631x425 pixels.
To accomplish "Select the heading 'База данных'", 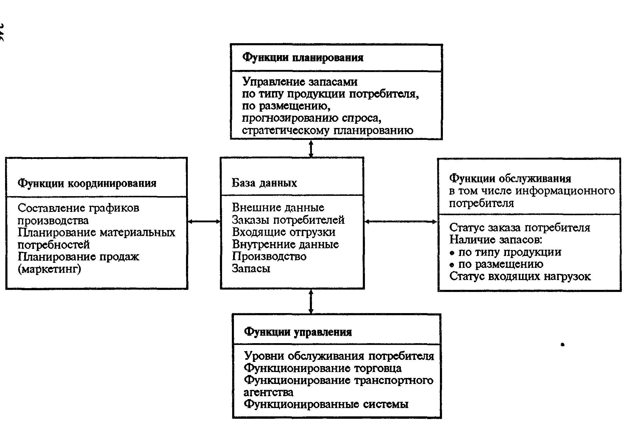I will [264, 183].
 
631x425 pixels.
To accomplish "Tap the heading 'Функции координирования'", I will [87, 183].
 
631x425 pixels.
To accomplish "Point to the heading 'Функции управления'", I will [298, 332].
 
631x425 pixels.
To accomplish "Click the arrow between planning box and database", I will [311, 149].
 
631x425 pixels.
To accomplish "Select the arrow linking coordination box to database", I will [204, 221].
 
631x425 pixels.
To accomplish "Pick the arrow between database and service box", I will [401, 221].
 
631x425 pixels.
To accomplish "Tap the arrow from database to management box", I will [311, 301].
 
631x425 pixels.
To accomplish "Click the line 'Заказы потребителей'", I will [288, 220].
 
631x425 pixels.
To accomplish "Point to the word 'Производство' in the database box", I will [269, 256].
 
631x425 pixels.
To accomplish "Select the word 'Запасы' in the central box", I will [251, 268].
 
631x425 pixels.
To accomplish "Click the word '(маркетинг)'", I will [49, 269].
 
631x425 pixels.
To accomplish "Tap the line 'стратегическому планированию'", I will [327, 130].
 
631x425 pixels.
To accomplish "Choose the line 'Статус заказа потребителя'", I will [519, 228].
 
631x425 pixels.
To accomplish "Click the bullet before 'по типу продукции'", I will [452, 253].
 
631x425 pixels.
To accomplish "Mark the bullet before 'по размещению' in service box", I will [452, 265].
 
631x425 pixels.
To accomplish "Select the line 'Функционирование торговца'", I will [323, 368].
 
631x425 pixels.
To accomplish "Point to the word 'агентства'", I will [268, 392].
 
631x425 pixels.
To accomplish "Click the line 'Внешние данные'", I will [278, 207].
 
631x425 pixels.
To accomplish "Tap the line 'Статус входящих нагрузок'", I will [520, 276].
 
